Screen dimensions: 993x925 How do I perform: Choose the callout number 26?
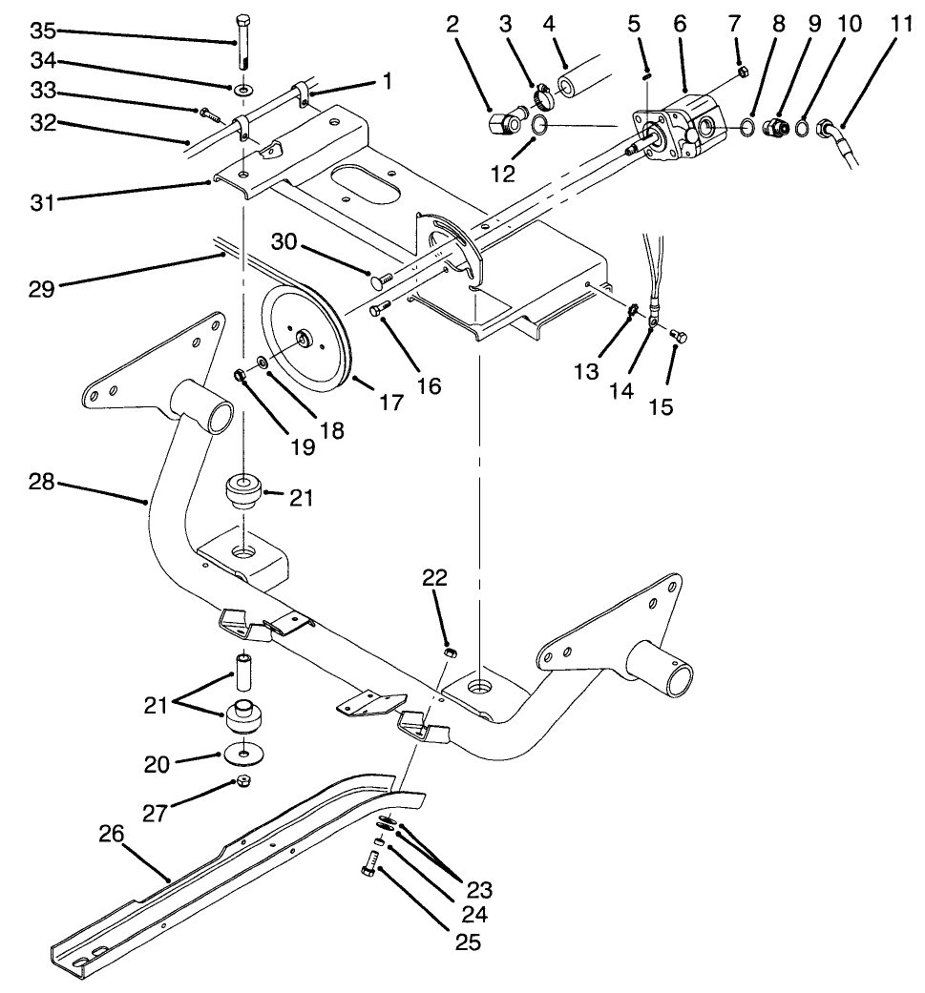click(112, 835)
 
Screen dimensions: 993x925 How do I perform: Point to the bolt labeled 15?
click(679, 335)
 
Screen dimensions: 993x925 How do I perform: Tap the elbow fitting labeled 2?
click(502, 122)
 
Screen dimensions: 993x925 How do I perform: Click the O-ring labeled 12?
click(539, 126)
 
